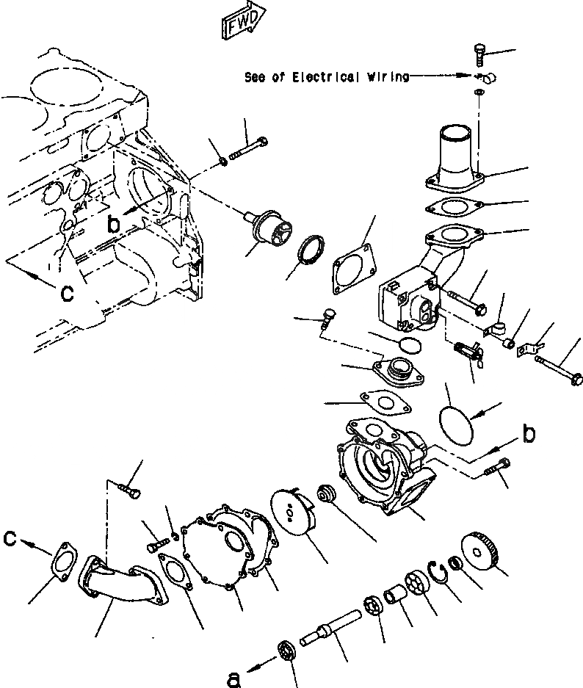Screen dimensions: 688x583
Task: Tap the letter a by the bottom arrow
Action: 233,681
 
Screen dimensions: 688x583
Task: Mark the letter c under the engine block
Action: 67,293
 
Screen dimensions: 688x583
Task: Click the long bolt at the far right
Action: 559,369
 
